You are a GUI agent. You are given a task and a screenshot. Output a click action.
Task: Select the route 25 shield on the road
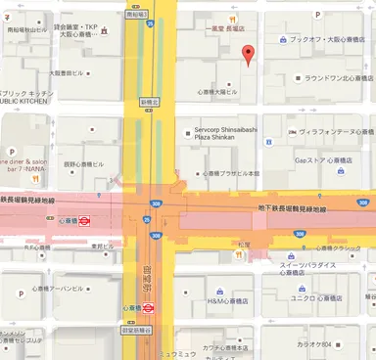(x=148, y=220)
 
